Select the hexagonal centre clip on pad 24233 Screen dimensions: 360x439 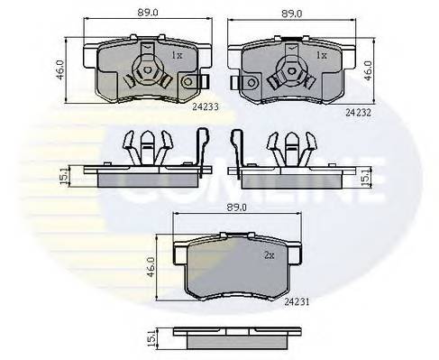pos(145,68)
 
